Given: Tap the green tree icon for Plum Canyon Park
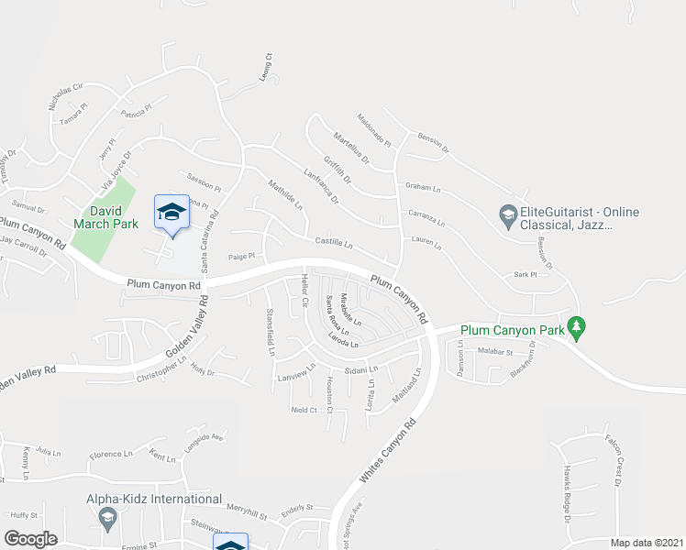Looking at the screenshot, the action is pyautogui.click(x=576, y=325).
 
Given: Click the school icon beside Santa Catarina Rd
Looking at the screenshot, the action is pyautogui.click(x=171, y=213).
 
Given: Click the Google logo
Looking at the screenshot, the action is pyautogui.click(x=30, y=539).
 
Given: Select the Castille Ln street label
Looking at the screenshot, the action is pyautogui.click(x=334, y=244).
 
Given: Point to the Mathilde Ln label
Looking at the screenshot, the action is pyautogui.click(x=286, y=192).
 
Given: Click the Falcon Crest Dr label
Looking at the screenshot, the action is pyautogui.click(x=614, y=457).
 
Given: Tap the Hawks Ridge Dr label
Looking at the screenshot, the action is pyautogui.click(x=562, y=497).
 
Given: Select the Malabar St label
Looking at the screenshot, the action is pyautogui.click(x=494, y=351).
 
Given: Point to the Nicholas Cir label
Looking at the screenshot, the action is pyautogui.click(x=66, y=98).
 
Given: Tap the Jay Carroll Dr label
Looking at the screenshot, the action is pyautogui.click(x=23, y=245).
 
